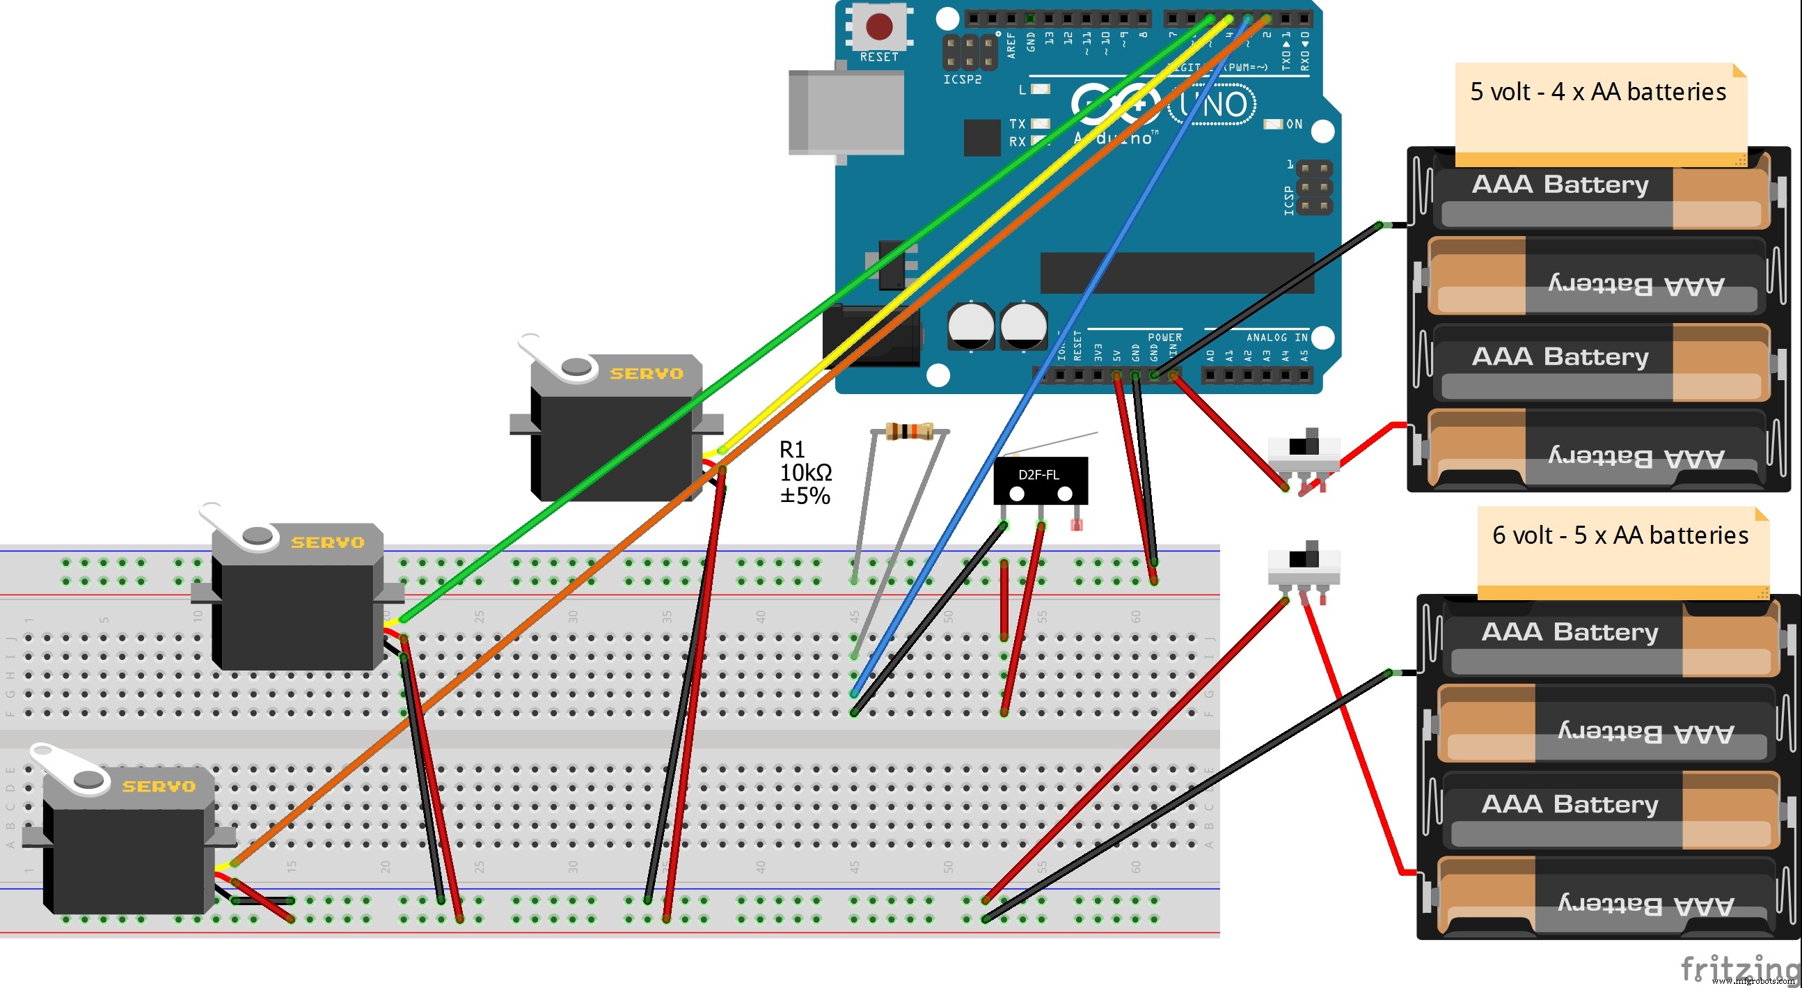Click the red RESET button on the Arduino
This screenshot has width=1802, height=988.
(x=878, y=27)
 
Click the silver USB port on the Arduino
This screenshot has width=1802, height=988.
(x=846, y=112)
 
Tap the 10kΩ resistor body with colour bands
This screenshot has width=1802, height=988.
(x=909, y=431)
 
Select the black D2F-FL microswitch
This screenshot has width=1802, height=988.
(x=1041, y=480)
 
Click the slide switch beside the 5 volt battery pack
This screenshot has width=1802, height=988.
(x=1304, y=452)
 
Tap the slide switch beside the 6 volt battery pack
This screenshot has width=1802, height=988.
(x=1304, y=564)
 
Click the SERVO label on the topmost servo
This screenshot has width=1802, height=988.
(x=647, y=374)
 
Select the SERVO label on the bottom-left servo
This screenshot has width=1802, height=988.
(x=159, y=787)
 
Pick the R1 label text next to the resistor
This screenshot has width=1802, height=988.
(x=792, y=449)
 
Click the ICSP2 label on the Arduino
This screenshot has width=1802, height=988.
(x=962, y=80)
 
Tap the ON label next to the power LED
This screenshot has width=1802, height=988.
(x=1294, y=125)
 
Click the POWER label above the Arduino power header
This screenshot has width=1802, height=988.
(x=1164, y=337)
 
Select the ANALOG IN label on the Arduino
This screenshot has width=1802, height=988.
(x=1277, y=337)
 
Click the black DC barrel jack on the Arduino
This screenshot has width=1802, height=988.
(x=871, y=336)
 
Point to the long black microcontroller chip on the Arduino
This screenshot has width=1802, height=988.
(x=1176, y=273)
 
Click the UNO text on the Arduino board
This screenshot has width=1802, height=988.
(x=1213, y=106)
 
